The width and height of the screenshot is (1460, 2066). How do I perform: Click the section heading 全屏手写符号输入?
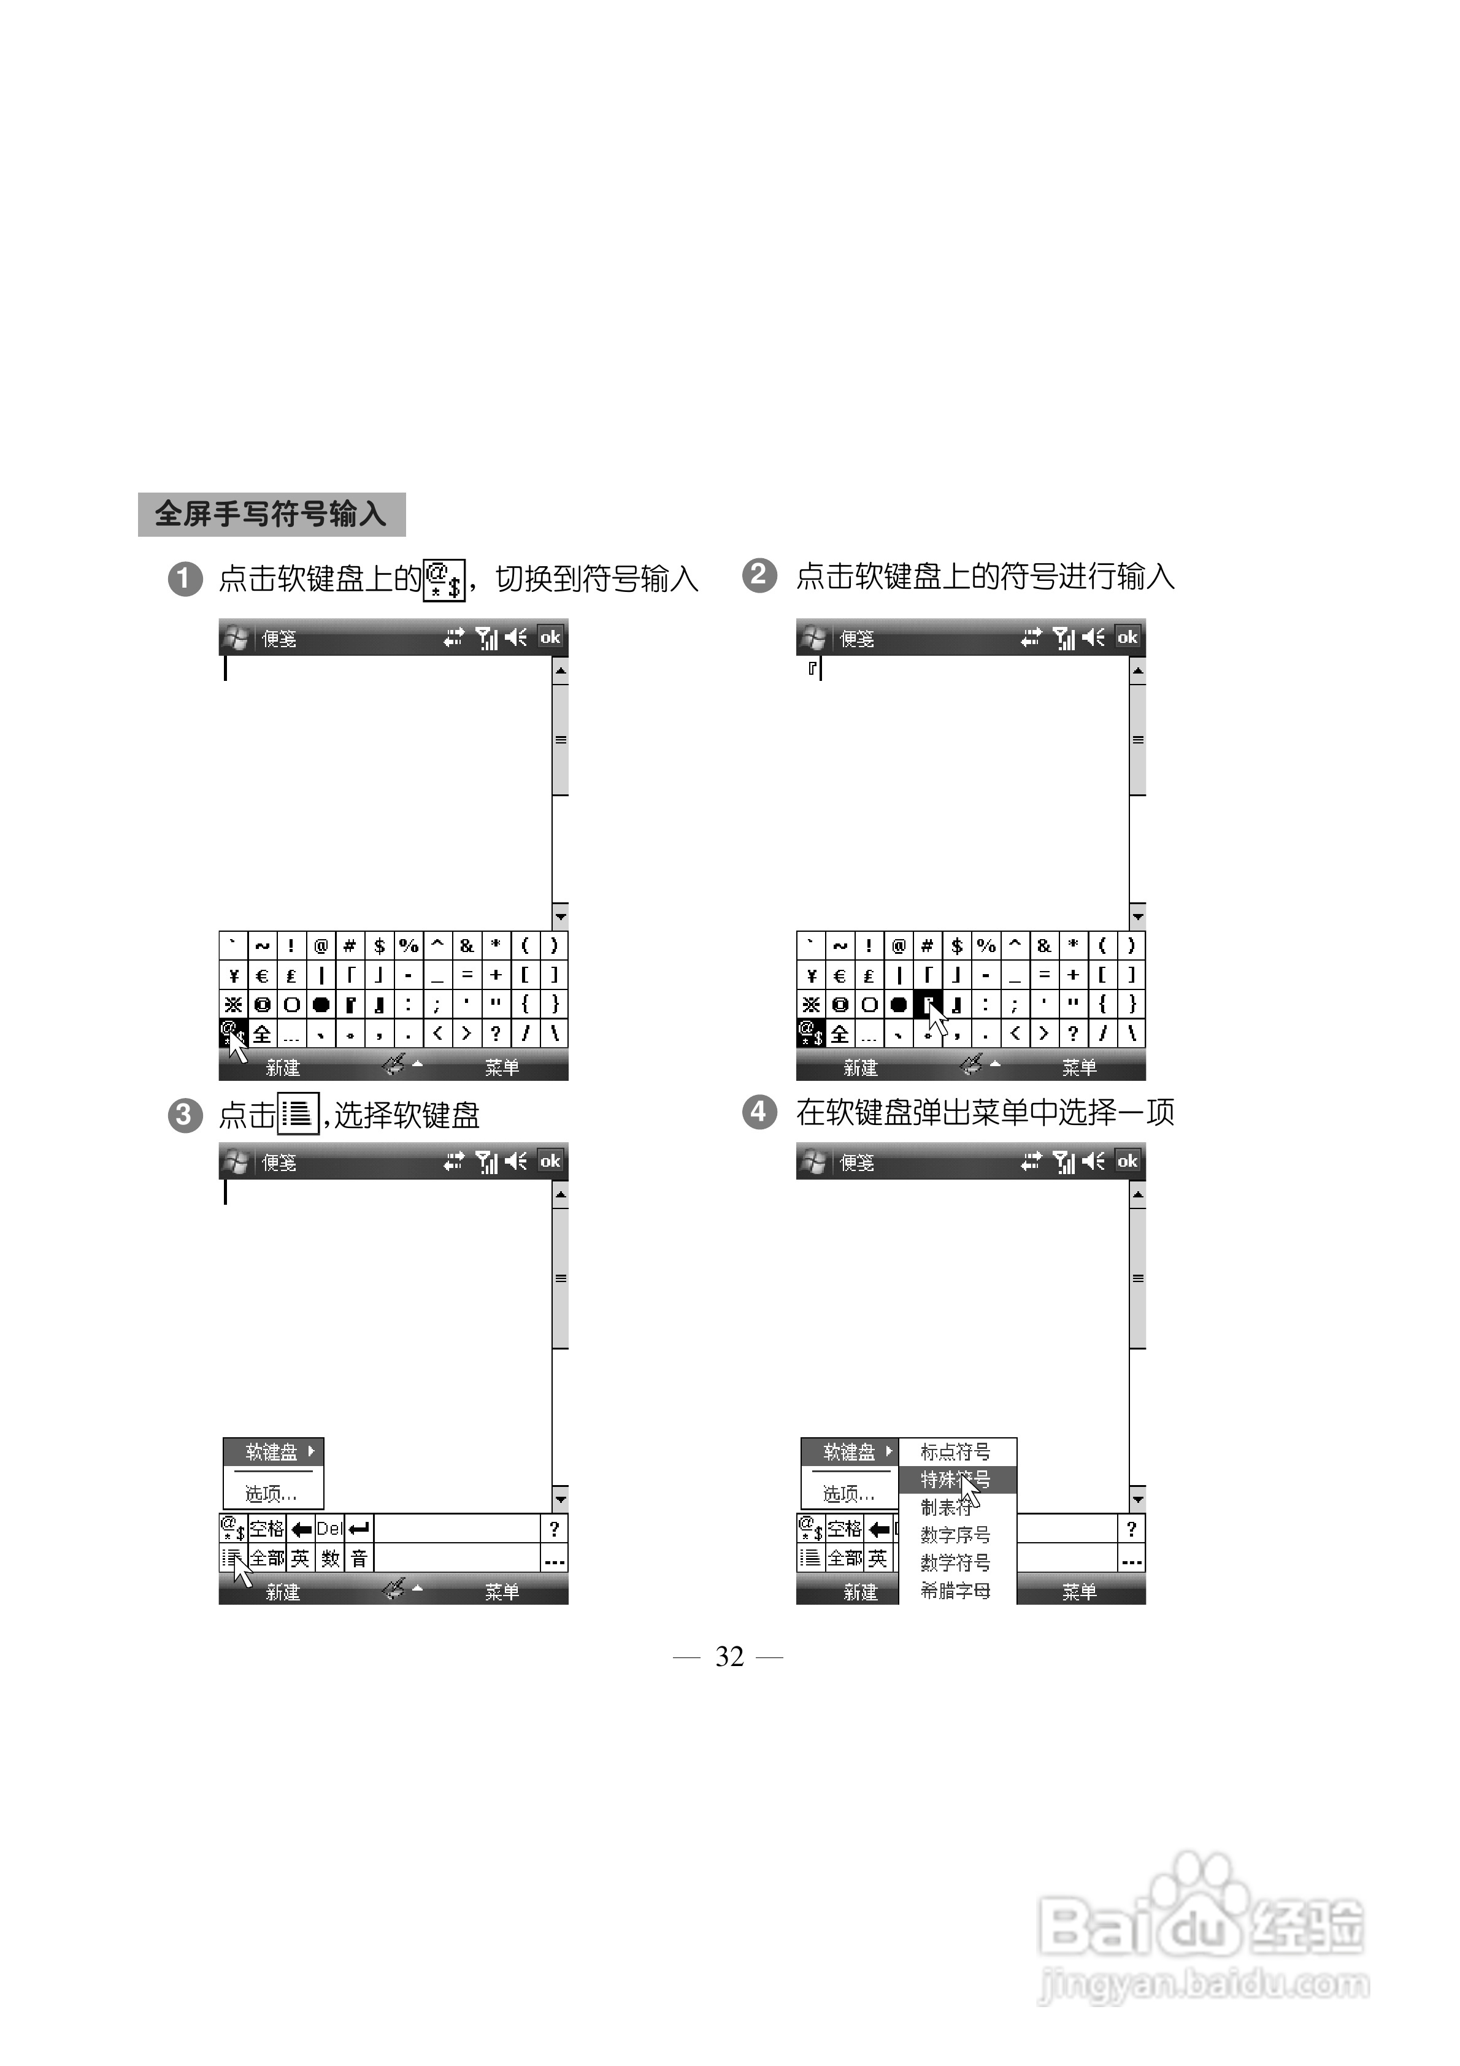pos(271,514)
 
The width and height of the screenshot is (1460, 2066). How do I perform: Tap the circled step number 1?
pos(185,578)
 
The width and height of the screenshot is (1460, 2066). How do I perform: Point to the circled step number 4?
pos(759,1112)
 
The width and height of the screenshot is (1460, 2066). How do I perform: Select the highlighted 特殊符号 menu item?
pos(955,1480)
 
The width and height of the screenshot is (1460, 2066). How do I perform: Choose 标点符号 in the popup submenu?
pos(955,1451)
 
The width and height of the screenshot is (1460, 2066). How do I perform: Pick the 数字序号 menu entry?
pos(955,1535)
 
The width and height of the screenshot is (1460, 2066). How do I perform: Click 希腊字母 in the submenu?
pos(955,1591)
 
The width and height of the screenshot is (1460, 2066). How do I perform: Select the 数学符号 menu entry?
pos(955,1563)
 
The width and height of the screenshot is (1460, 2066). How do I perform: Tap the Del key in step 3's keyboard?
pos(329,1529)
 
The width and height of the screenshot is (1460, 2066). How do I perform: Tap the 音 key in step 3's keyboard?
pos(359,1557)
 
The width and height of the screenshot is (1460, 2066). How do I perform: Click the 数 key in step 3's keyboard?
pos(331,1557)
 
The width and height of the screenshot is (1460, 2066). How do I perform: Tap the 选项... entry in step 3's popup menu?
pos(271,1494)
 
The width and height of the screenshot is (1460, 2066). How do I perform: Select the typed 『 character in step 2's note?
pos(812,667)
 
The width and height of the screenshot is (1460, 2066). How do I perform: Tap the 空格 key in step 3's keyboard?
pos(266,1529)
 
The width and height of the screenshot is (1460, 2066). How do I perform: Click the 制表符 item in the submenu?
pos(945,1507)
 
